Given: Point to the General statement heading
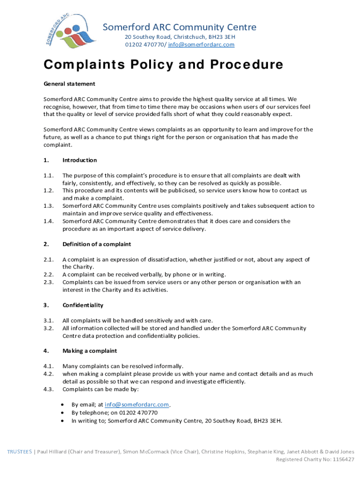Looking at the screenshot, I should click(69, 84).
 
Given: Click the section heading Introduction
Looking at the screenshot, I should click(79, 160).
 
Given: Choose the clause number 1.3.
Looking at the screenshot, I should click(48, 206).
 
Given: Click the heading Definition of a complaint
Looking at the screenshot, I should click(97, 244).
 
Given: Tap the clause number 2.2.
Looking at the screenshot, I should click(48, 275).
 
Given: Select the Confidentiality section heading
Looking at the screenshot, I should click(83, 305).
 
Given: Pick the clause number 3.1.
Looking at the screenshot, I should click(48, 320).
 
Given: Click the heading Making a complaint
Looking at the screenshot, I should click(90, 351).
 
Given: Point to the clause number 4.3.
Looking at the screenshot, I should click(48, 389).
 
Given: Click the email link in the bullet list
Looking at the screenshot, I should click(137, 405).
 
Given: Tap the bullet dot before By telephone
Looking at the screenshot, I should click(63, 413).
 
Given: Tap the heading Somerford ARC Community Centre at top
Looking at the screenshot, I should click(180, 27).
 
